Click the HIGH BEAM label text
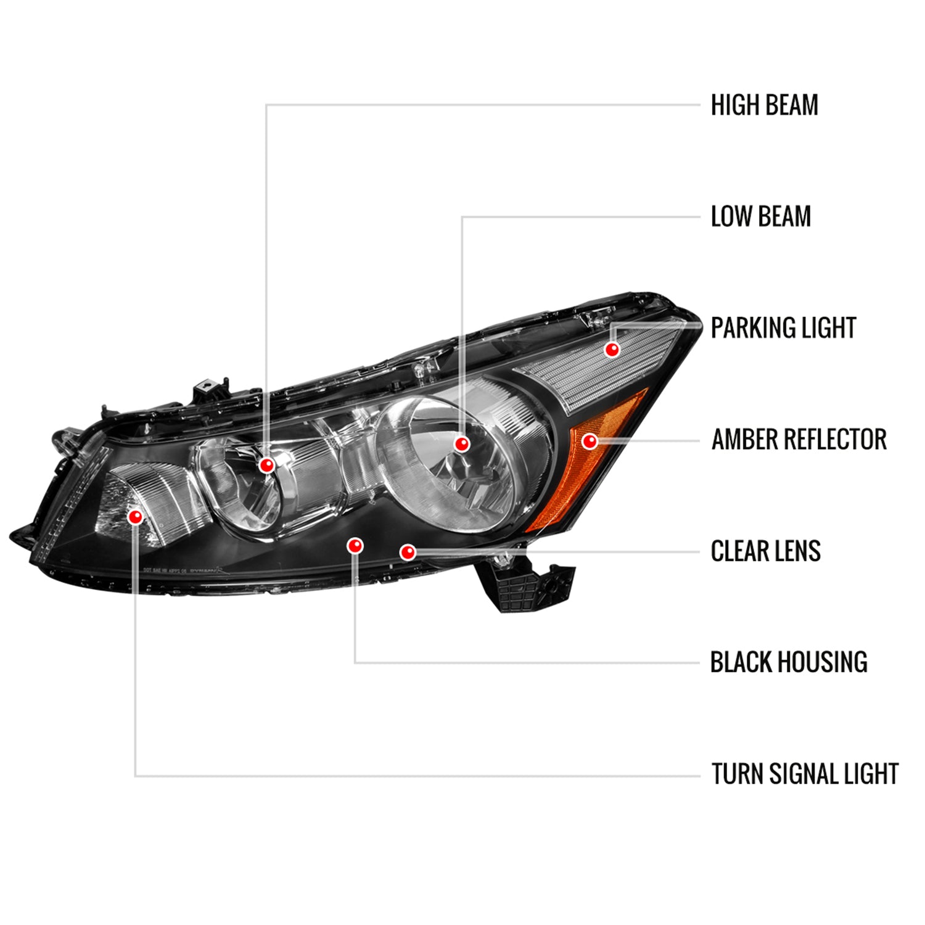[764, 105]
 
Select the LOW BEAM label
[760, 216]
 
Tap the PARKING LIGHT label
[783, 328]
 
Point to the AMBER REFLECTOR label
[799, 440]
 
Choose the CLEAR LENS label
[765, 551]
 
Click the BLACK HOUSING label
[789, 662]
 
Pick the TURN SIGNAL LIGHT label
[805, 774]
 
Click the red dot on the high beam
[267, 464]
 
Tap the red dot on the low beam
[462, 443]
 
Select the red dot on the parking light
[612, 350]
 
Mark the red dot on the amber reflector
[590, 441]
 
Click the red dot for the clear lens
[408, 552]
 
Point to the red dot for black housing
[355, 545]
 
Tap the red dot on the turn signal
[135, 516]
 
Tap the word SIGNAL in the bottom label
[804, 774]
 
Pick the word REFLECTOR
[833, 440]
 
